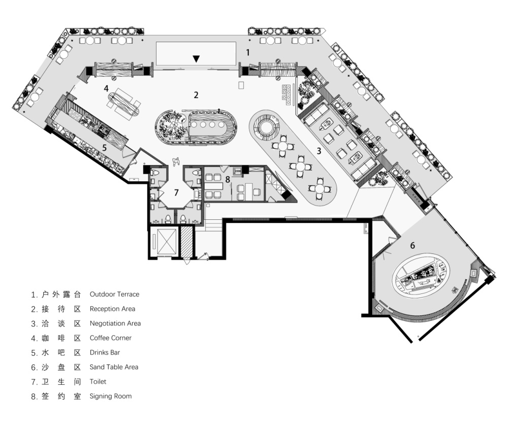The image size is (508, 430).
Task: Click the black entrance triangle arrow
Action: pos(196,58)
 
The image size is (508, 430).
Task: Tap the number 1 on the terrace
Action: pos(248,52)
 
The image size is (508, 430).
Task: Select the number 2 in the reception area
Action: pos(196,95)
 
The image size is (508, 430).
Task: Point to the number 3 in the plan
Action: pos(319,151)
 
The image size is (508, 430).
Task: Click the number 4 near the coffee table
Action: pos(106,88)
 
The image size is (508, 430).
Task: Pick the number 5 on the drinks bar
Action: pos(104,148)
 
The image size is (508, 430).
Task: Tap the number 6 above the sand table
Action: pos(412,245)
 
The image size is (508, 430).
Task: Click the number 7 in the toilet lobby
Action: pos(176,192)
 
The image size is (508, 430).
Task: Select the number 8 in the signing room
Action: pos(228,179)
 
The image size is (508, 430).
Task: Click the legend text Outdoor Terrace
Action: pos(114,294)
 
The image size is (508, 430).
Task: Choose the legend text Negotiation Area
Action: pos(115,323)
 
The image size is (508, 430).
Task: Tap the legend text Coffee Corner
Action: pos(110,338)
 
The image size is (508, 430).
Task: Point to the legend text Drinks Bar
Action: pos(105,353)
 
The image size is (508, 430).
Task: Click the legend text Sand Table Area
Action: pos(114,367)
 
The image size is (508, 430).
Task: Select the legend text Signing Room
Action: pos(110,396)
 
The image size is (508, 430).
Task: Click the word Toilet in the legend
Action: pos(98,382)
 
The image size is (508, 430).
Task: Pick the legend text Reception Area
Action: pos(112,309)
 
